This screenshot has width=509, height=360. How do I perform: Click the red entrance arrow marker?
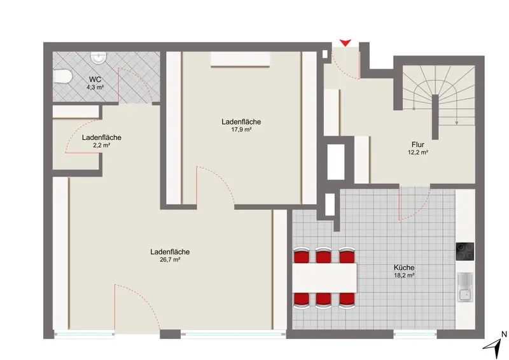coord(345,43)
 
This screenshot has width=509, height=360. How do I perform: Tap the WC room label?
coord(95,80)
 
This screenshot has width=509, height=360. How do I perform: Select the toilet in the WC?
coord(62,76)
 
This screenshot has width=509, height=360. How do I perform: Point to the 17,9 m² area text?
coord(241,130)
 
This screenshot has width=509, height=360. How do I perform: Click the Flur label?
coord(418,145)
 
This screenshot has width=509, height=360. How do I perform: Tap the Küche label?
coord(404,268)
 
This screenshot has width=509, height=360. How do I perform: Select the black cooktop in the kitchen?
coord(465,252)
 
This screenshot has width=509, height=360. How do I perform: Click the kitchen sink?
coord(466,287)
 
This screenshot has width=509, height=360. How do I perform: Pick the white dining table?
coord(324,277)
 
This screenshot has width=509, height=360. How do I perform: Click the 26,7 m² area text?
coord(170,260)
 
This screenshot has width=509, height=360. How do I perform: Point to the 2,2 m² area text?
coord(102,145)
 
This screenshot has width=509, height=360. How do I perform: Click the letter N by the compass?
coord(504,334)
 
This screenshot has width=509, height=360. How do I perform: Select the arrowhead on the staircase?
coord(457,123)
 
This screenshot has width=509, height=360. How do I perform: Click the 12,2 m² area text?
coord(418,152)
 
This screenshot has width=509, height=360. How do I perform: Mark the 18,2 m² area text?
coord(404,275)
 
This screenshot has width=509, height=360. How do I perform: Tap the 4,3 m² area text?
coord(95,87)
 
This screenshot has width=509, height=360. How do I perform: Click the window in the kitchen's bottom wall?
coord(415,335)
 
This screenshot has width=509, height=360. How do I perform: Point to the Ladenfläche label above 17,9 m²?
coord(241,121)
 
